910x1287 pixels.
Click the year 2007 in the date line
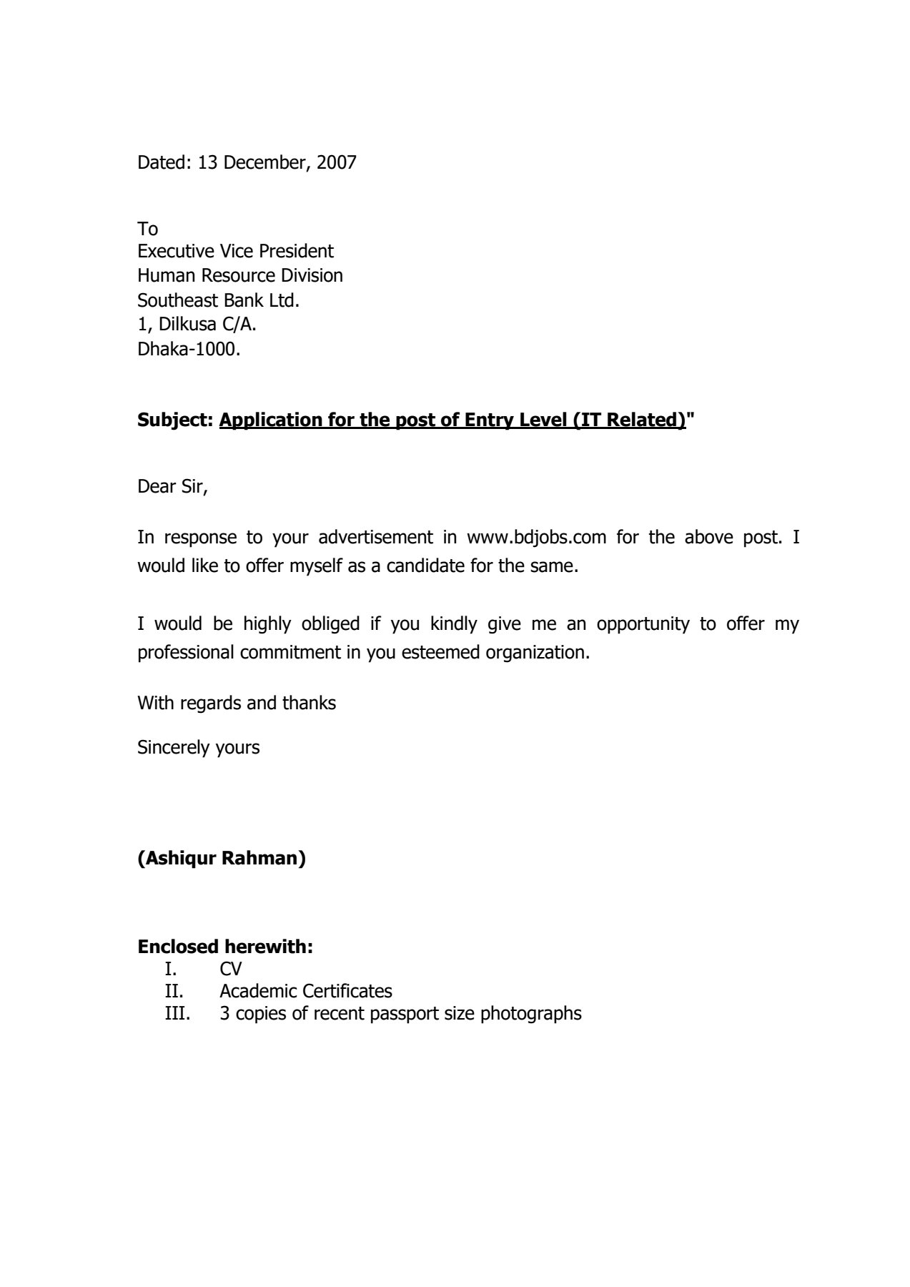click(x=336, y=163)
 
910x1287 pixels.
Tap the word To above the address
click(x=147, y=229)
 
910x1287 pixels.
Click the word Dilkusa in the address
click(x=187, y=325)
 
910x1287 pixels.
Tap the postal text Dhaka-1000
click(x=189, y=350)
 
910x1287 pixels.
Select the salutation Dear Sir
click(x=172, y=487)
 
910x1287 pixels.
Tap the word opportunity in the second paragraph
click(x=643, y=624)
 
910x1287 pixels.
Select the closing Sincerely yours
click(x=198, y=748)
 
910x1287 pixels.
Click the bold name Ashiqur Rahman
click(x=222, y=858)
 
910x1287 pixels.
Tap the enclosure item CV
click(x=231, y=969)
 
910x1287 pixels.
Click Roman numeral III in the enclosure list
click(x=177, y=1014)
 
